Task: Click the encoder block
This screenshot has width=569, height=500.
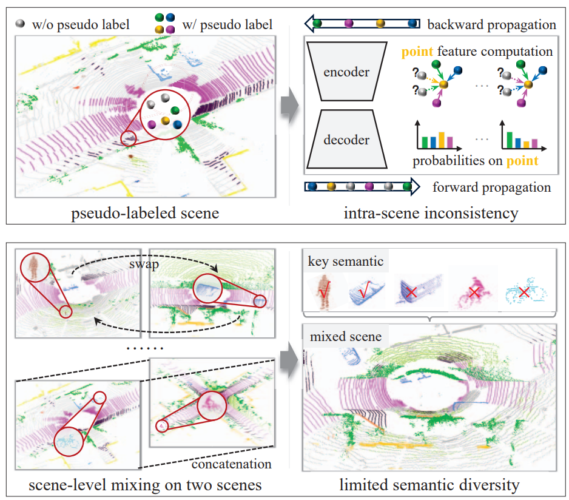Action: [346, 72]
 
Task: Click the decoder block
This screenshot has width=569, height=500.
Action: [346, 140]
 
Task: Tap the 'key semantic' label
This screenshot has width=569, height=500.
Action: [345, 262]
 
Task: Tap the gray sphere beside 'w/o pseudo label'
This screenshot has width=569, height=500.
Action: [22, 25]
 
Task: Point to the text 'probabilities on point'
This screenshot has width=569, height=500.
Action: [475, 161]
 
